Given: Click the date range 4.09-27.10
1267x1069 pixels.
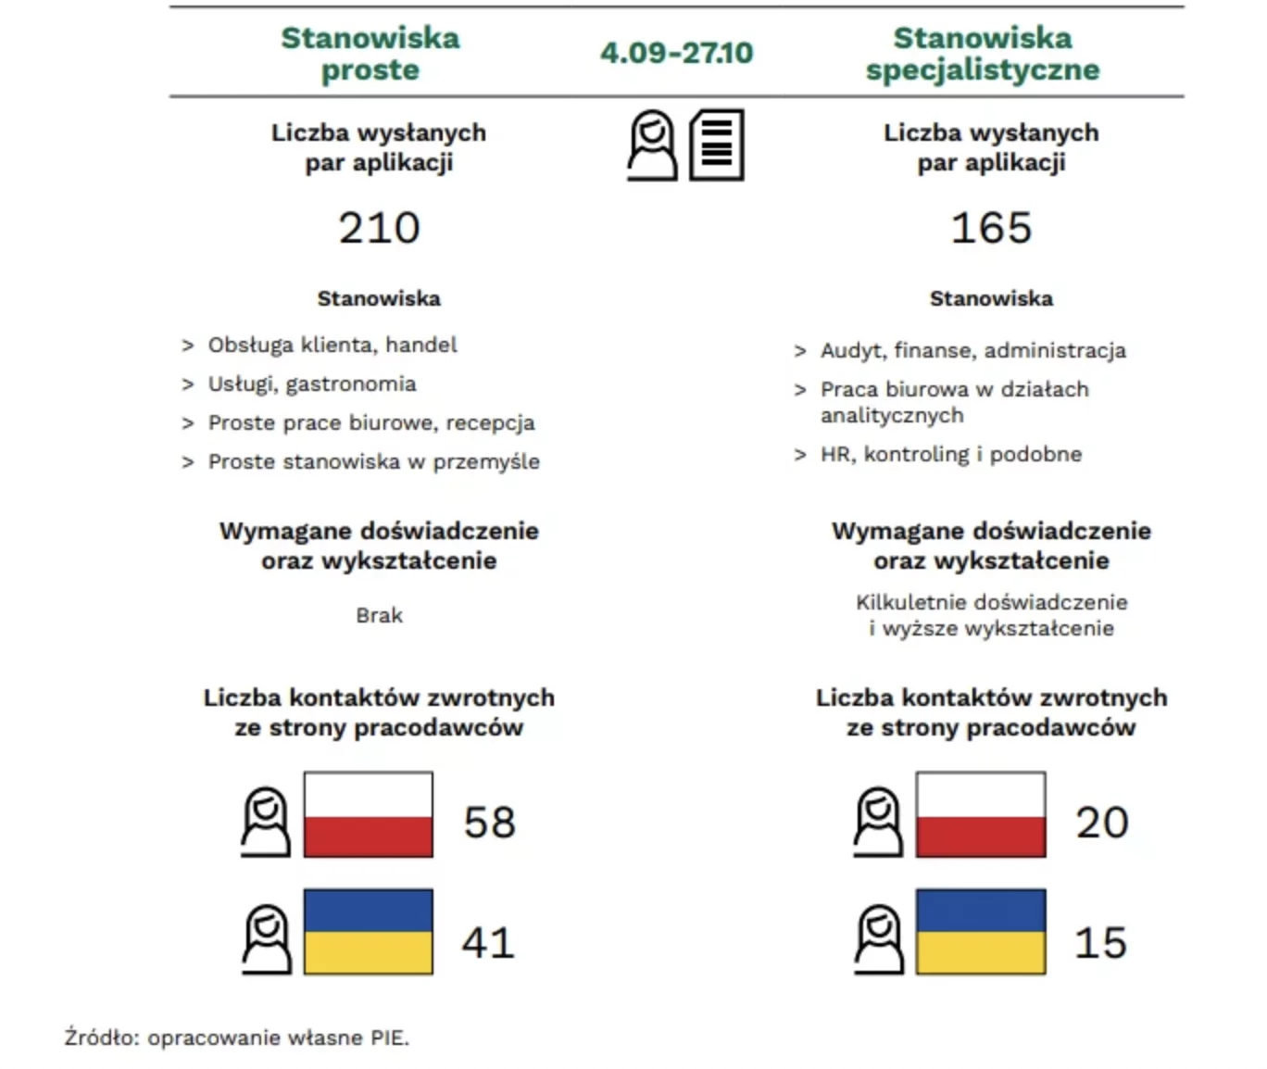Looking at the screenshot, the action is click(x=677, y=53).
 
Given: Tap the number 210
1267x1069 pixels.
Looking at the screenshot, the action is click(x=379, y=228).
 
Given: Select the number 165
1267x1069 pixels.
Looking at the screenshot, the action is click(x=992, y=228).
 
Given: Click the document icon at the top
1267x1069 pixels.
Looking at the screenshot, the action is click(x=717, y=145).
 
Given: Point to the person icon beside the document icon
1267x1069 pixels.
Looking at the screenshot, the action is click(x=652, y=145).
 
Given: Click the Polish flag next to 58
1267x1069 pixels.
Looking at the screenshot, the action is click(x=369, y=814).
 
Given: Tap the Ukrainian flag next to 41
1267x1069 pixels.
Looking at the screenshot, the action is click(x=369, y=932).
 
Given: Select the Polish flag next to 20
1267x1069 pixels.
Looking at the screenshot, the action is click(x=981, y=814).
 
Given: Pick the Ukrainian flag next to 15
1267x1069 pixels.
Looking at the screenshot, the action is click(x=981, y=932).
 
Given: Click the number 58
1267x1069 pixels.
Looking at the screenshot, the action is click(x=490, y=823).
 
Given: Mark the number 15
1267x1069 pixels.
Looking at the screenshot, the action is click(x=1100, y=943).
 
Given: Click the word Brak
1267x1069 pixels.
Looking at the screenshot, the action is click(x=379, y=615).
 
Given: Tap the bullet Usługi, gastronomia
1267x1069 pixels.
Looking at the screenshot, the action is click(x=299, y=384).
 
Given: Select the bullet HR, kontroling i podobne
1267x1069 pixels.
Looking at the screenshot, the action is click(x=938, y=454).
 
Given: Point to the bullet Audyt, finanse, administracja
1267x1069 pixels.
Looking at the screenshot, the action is click(x=960, y=351).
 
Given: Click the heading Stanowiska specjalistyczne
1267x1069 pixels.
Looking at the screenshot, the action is click(x=983, y=54).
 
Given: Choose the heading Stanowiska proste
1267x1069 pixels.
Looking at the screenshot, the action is click(x=370, y=54).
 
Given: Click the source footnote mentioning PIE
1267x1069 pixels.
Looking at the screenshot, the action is click(x=237, y=1038).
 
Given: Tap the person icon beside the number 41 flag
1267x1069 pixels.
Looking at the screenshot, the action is click(x=267, y=939).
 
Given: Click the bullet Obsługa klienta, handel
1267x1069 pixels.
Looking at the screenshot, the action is click(x=320, y=345).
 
